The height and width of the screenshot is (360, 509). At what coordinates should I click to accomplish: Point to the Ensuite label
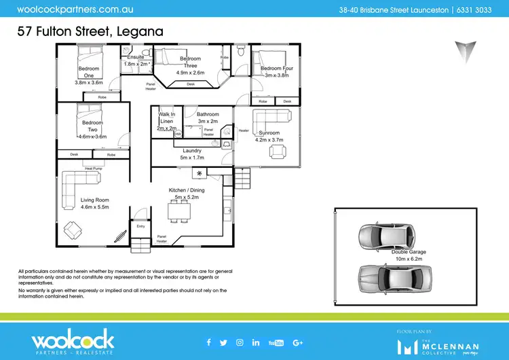click(x=135, y=57)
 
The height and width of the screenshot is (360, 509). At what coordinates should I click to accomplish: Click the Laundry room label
click(x=192, y=151)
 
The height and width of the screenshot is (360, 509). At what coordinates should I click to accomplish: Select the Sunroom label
click(x=267, y=133)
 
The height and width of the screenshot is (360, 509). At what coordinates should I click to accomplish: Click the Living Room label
click(x=94, y=200)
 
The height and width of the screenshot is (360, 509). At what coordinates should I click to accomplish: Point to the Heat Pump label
click(x=94, y=167)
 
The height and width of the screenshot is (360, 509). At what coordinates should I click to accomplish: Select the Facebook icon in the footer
click(x=208, y=342)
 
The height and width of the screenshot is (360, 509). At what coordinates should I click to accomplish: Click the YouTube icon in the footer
click(x=276, y=342)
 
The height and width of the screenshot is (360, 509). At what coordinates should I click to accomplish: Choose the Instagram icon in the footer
click(x=240, y=342)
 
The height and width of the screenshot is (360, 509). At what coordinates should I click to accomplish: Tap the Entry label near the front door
click(x=140, y=226)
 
